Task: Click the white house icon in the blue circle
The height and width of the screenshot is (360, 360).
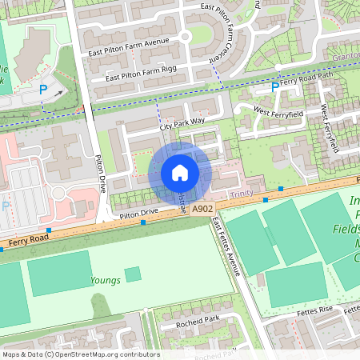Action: pyautogui.click(x=180, y=173)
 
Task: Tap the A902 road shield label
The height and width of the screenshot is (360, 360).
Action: pyautogui.click(x=202, y=209)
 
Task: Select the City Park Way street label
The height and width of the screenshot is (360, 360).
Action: pyautogui.click(x=182, y=123)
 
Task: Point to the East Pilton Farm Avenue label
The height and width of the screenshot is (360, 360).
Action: pyautogui.click(x=130, y=42)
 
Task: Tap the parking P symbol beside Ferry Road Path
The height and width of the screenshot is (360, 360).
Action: pyautogui.click(x=275, y=86)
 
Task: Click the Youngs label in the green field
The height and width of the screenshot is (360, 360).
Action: pyautogui.click(x=105, y=280)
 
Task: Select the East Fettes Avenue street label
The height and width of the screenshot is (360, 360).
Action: pyautogui.click(x=227, y=247)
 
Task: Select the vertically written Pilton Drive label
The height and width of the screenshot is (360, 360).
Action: pyautogui.click(x=101, y=171)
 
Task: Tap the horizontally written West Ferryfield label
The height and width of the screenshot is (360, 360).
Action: pyautogui.click(x=278, y=112)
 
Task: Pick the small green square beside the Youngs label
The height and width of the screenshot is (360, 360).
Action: pyautogui.click(x=133, y=274)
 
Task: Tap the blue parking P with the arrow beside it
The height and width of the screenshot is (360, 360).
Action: pyautogui.click(x=43, y=90)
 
